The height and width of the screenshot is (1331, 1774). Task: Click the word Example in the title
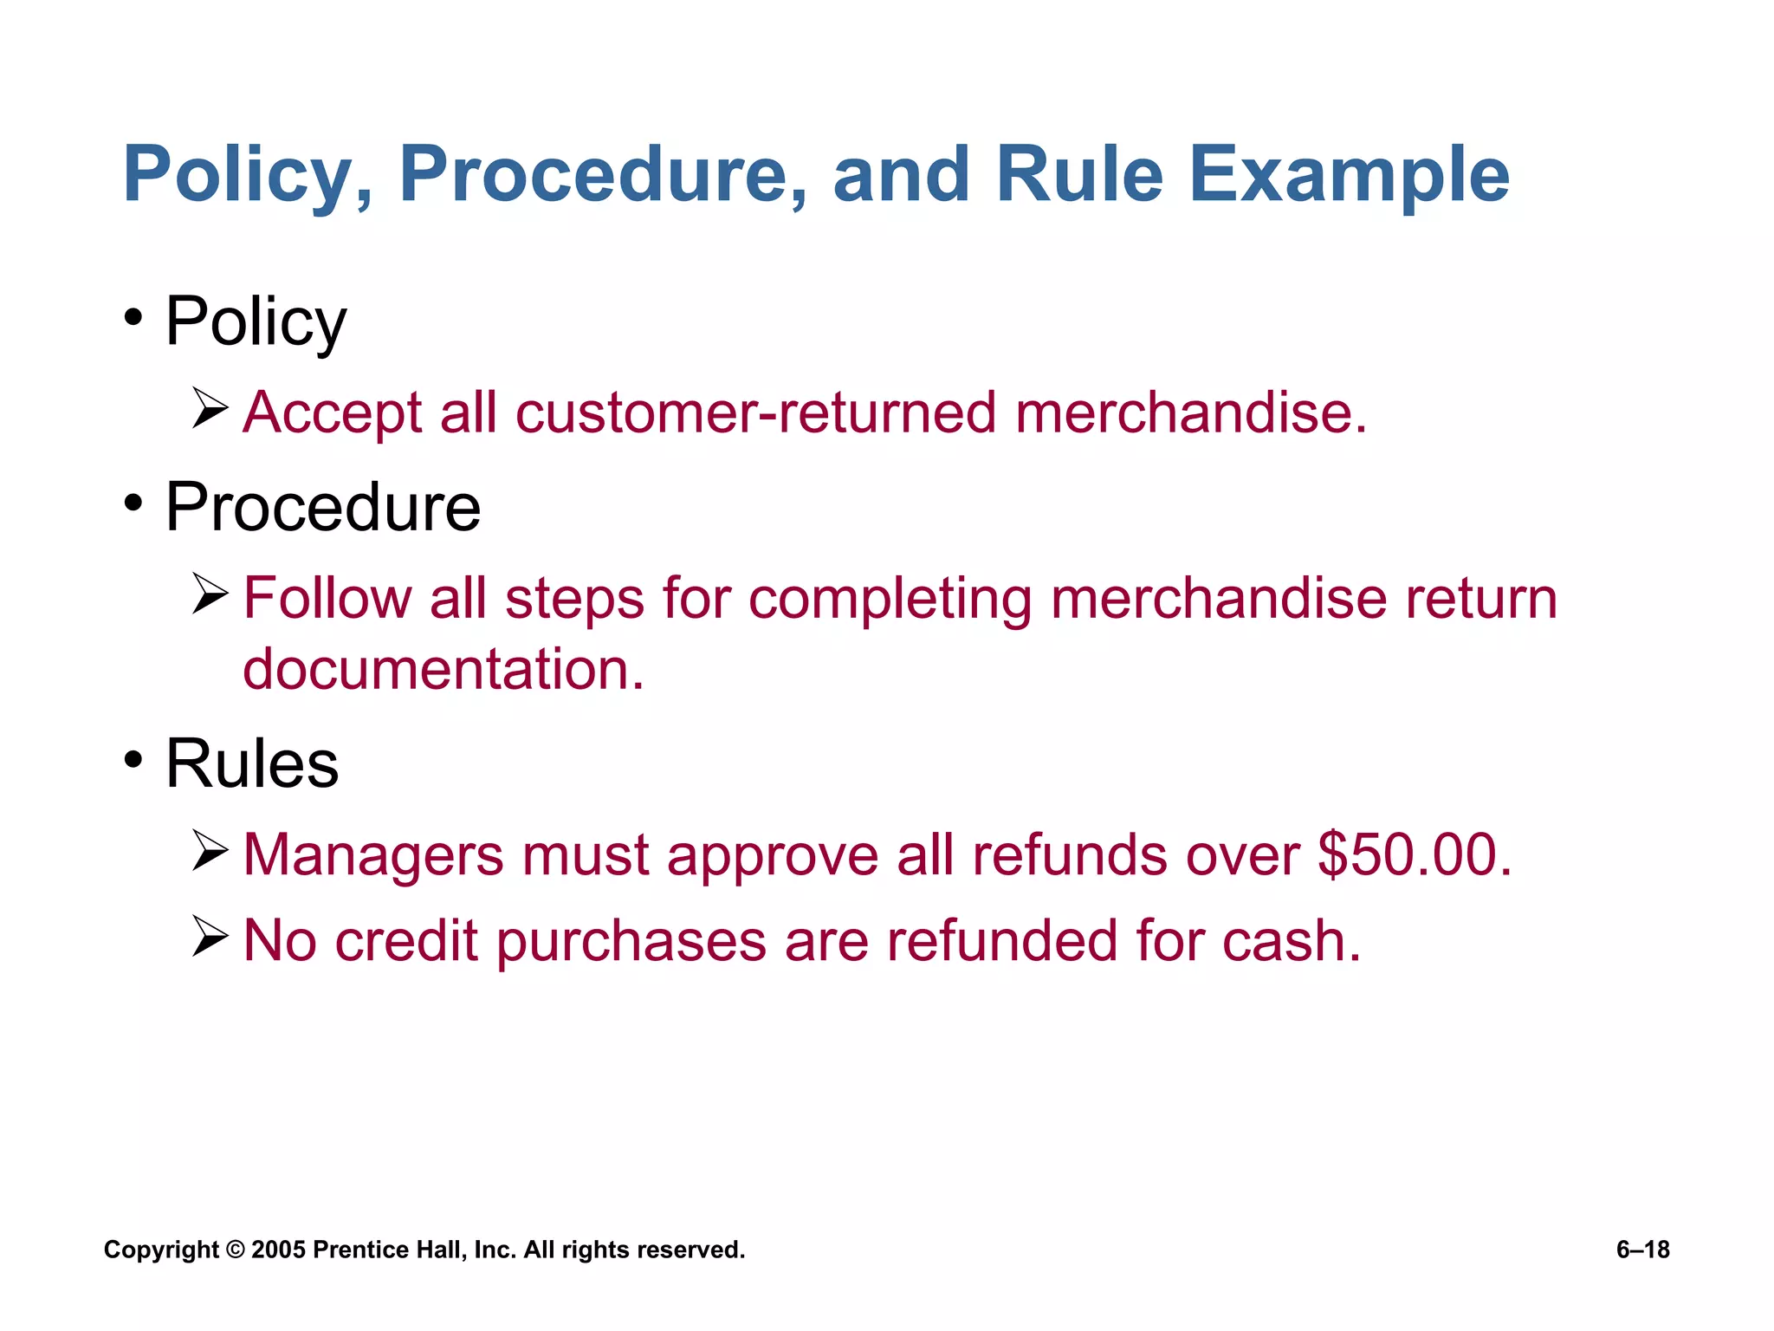click(1349, 176)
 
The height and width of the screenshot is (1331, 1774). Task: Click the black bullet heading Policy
click(256, 322)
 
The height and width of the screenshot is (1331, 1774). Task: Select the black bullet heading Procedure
click(322, 508)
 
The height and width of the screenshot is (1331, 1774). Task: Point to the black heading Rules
click(251, 764)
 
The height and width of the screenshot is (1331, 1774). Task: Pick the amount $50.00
click(1414, 855)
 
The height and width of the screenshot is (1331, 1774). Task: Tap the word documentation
click(443, 670)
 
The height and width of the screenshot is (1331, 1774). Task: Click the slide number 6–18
click(1642, 1250)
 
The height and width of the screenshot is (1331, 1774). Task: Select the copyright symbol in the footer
click(235, 1250)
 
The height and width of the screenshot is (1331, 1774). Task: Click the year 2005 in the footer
click(278, 1250)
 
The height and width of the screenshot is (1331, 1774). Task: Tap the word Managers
click(372, 856)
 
